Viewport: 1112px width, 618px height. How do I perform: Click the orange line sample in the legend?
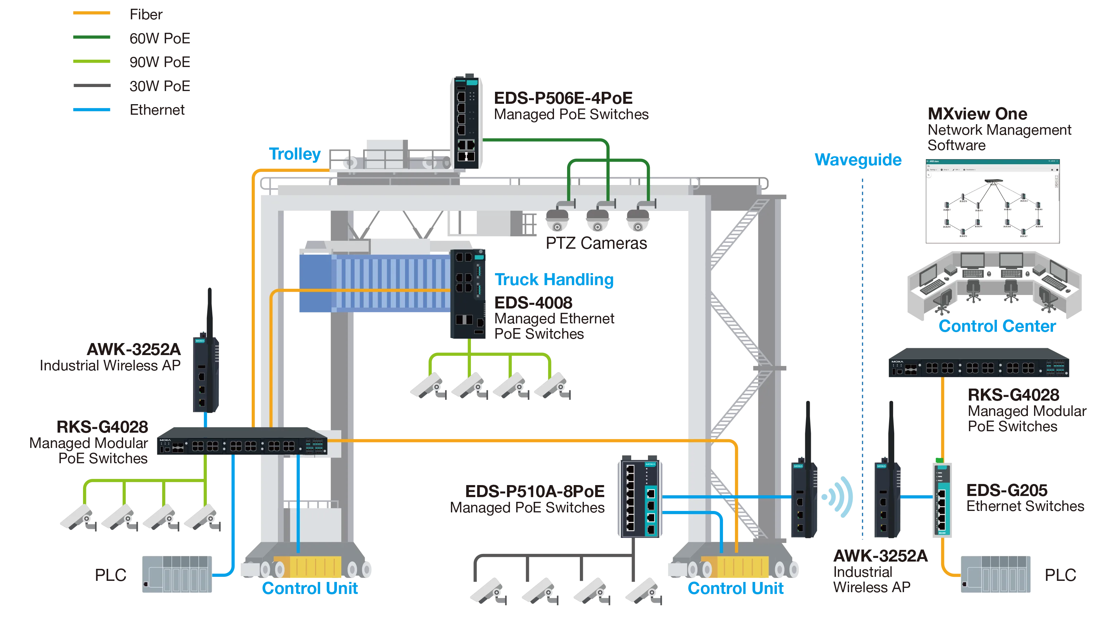pos(91,12)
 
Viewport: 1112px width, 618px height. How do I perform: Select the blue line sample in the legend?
pos(91,110)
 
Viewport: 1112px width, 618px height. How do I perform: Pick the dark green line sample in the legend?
pos(91,38)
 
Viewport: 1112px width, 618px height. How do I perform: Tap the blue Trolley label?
pos(295,154)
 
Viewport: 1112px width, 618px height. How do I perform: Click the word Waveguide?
pos(858,159)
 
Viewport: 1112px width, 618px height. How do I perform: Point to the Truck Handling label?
pos(554,279)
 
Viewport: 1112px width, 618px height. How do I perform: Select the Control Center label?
pos(997,326)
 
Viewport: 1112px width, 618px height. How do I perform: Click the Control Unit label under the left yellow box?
pos(310,588)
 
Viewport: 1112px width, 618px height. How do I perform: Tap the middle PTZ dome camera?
pos(597,220)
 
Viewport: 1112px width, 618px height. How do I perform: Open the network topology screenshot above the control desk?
pos(992,201)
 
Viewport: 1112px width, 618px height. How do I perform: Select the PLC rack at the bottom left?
pos(177,574)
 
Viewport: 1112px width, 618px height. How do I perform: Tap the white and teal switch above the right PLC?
pos(942,499)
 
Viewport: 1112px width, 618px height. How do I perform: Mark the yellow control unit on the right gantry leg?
pos(735,567)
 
